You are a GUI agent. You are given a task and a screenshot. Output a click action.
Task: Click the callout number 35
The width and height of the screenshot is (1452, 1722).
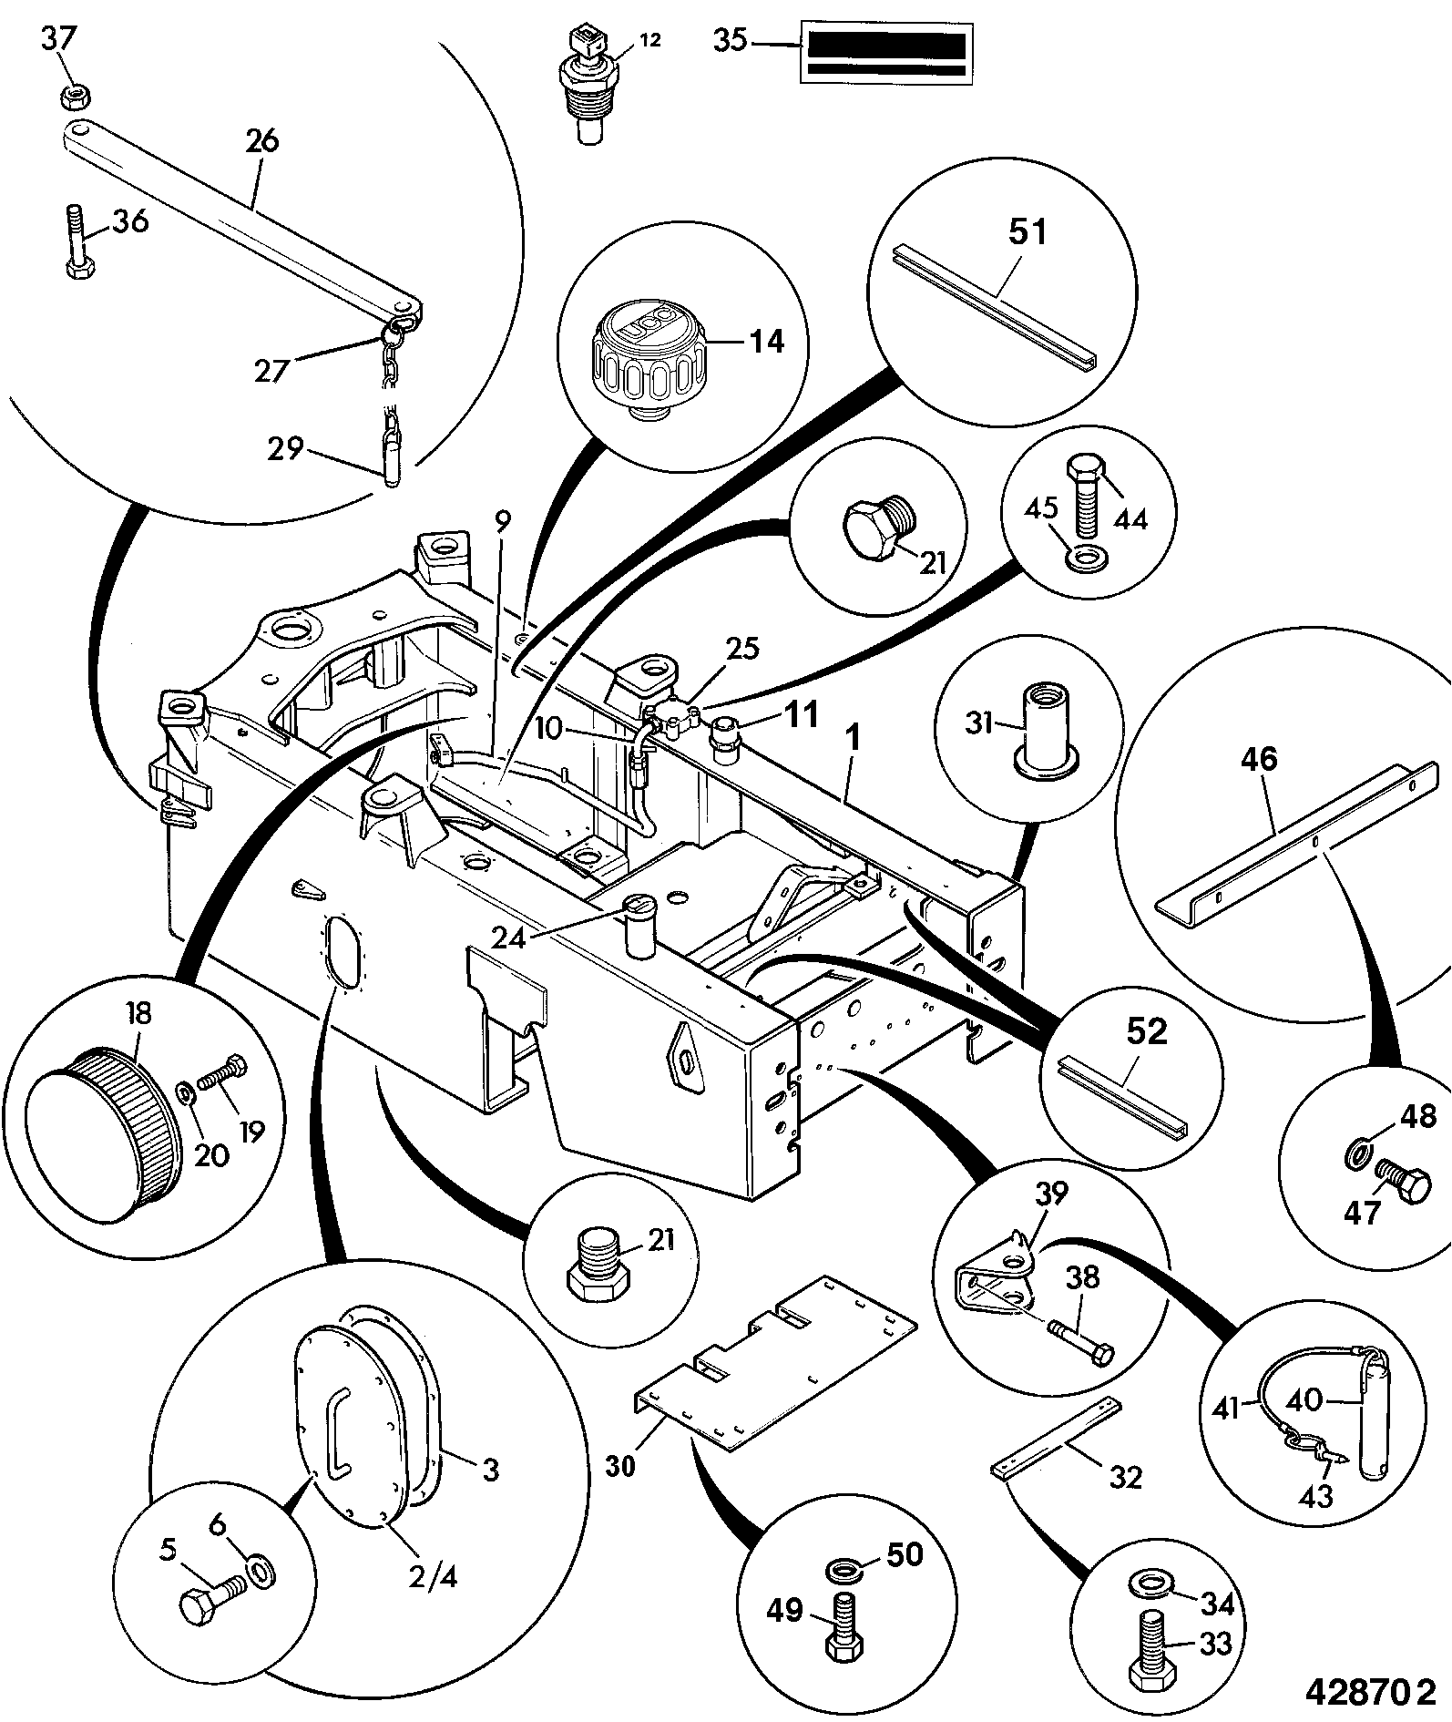[x=730, y=41]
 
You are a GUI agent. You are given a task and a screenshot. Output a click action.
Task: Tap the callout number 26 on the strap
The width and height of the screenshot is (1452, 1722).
[x=261, y=142]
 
